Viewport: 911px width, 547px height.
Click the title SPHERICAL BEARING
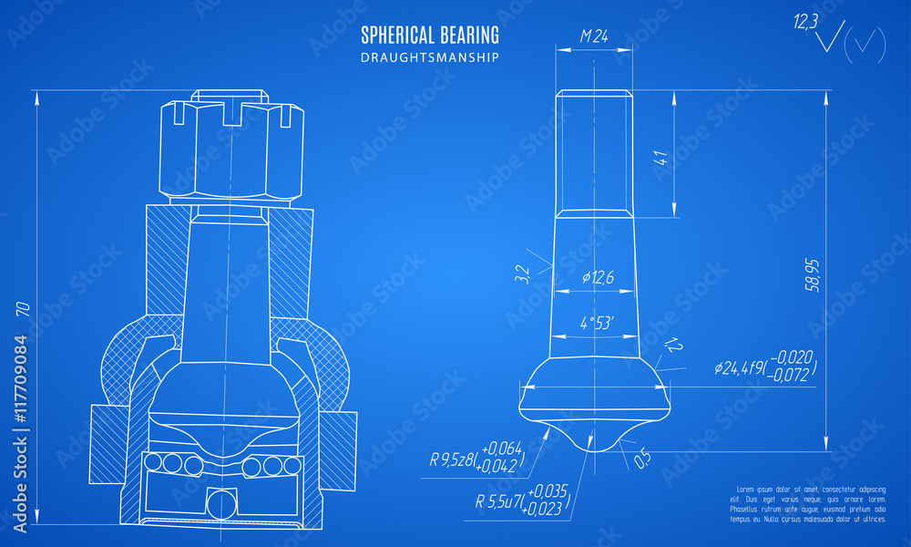click(x=430, y=36)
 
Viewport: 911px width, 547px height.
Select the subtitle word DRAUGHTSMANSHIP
click(x=430, y=57)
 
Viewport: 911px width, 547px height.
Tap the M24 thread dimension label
click(x=594, y=37)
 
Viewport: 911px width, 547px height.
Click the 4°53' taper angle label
click(x=597, y=322)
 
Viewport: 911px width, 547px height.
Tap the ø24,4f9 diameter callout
click(x=765, y=366)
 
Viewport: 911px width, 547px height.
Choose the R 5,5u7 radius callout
click(x=522, y=501)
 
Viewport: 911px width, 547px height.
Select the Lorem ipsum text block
click(x=807, y=504)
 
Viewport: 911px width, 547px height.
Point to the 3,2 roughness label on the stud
click(x=522, y=274)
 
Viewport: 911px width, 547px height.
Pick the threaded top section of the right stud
click(x=594, y=150)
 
